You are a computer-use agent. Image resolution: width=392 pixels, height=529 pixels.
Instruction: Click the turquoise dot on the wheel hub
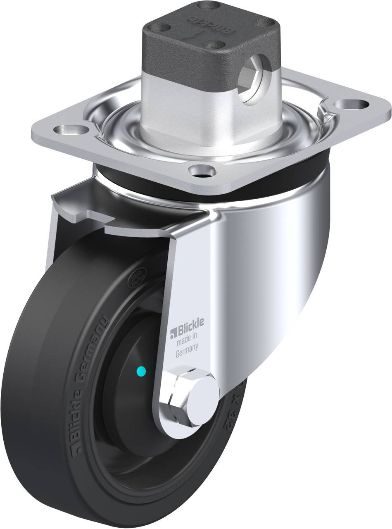tap(141, 372)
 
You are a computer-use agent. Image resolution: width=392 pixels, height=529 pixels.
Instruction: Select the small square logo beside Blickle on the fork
tap(174, 331)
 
